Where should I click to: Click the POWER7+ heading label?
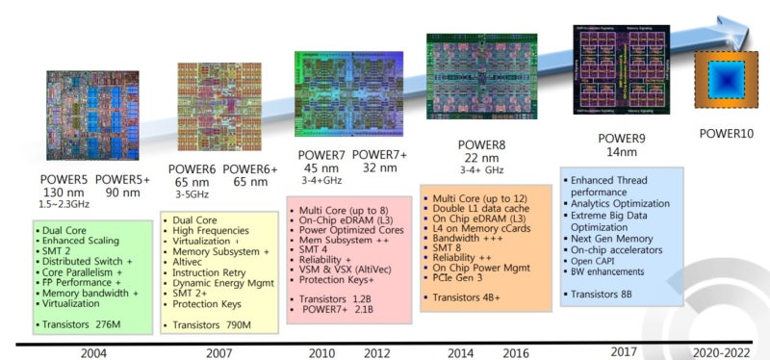(x=379, y=155)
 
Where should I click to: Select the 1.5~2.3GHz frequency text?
(x=71, y=206)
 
